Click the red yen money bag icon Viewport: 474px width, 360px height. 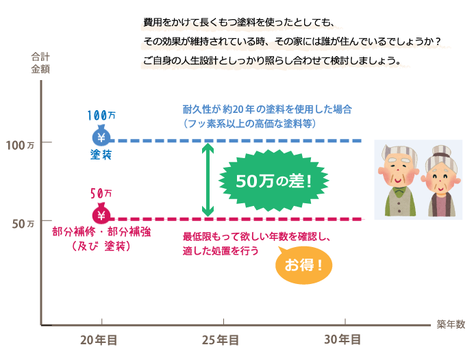(101, 214)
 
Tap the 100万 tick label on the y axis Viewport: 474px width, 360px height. (20, 145)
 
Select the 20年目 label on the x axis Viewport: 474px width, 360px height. (99, 339)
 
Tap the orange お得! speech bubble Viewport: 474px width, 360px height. (302, 264)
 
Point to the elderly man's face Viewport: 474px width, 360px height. (397, 170)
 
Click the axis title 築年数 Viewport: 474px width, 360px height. (451, 324)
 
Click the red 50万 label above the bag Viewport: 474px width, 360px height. (101, 194)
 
